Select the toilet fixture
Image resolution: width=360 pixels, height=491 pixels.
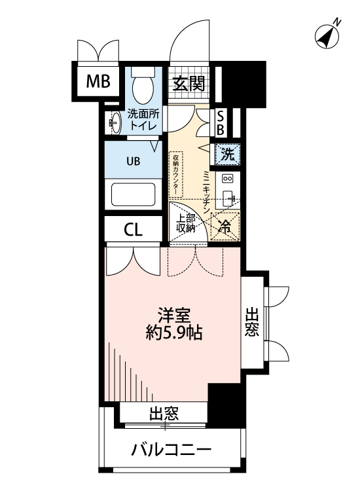pyautogui.click(x=142, y=84)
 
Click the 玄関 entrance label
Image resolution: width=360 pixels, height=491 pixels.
pyautogui.click(x=189, y=83)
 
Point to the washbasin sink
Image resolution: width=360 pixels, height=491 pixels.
pyautogui.click(x=115, y=122)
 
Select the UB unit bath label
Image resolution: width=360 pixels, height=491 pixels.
pyautogui.click(x=133, y=160)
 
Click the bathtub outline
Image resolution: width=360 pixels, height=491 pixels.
pyautogui.click(x=133, y=194)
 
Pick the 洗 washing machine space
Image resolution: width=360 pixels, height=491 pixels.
pyautogui.click(x=226, y=155)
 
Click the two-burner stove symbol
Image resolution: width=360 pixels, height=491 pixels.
pyautogui.click(x=227, y=178)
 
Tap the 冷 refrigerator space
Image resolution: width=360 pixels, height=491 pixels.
pyautogui.click(x=225, y=227)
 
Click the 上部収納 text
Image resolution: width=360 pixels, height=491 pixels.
pyautogui.click(x=186, y=223)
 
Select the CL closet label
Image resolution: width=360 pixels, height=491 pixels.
pyautogui.click(x=134, y=230)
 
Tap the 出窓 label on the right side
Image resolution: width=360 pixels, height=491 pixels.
pyautogui.click(x=252, y=323)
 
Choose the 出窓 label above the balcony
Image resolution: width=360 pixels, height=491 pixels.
pyautogui.click(x=164, y=413)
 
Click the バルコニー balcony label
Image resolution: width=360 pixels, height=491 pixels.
pyautogui.click(x=171, y=450)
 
